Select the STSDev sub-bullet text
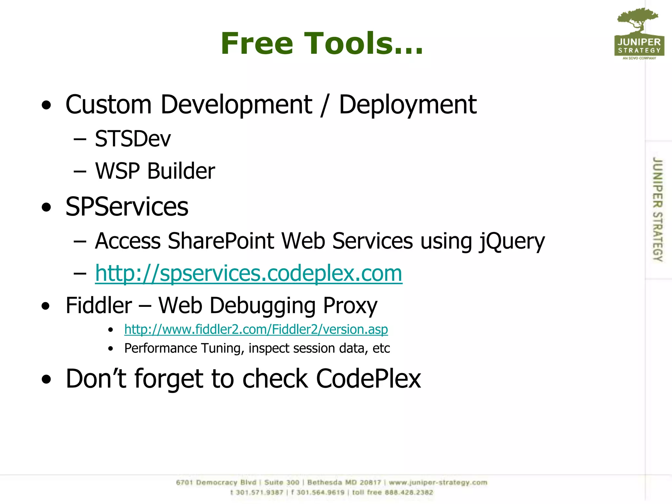click(x=133, y=138)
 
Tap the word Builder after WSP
click(x=181, y=171)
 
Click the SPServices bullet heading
click(x=127, y=207)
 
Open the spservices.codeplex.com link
click(x=248, y=273)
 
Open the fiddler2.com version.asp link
click(x=256, y=329)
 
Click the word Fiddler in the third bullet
click(x=99, y=305)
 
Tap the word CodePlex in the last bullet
click(x=368, y=379)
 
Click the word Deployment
click(x=408, y=105)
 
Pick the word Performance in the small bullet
click(x=160, y=348)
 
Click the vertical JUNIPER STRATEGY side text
click(x=657, y=209)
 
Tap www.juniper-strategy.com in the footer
click(x=438, y=482)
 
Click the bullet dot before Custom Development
click(x=47, y=105)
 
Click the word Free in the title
click(x=257, y=43)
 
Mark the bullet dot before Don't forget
click(x=47, y=379)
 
